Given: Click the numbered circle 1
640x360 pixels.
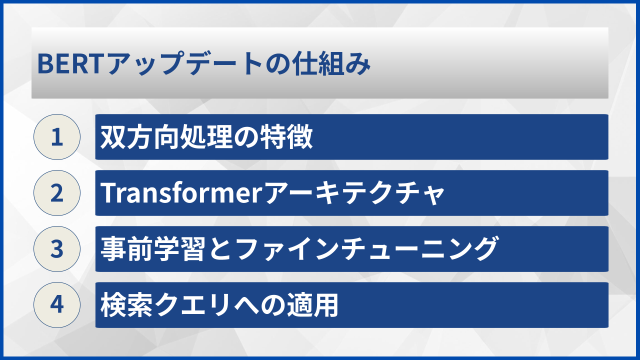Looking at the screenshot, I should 57,137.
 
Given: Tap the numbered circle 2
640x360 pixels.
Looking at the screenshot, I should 57,193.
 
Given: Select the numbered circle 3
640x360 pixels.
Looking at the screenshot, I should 57,249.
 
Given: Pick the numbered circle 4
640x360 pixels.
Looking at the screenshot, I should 57,305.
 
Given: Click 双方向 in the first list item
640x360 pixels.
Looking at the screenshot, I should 131,137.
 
